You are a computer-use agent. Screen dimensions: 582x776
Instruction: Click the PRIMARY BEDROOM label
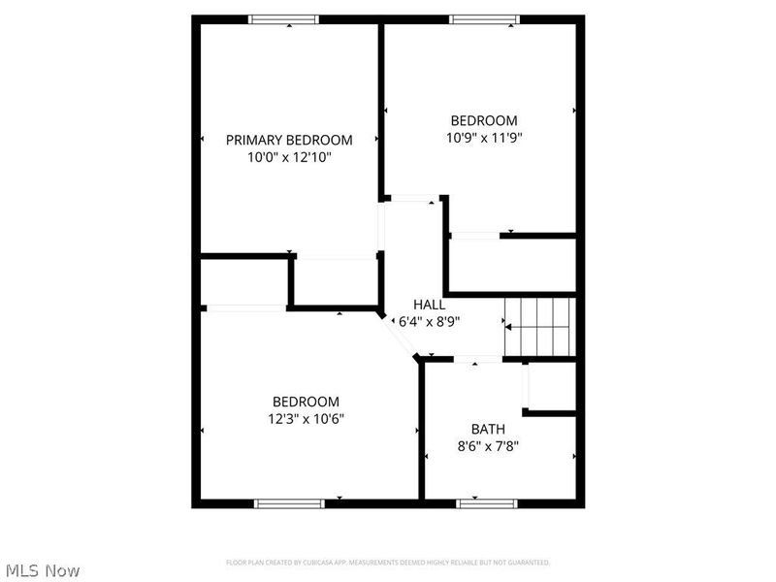click(289, 140)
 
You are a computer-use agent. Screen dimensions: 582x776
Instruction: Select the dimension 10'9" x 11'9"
click(484, 137)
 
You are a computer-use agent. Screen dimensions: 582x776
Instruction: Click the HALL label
click(429, 305)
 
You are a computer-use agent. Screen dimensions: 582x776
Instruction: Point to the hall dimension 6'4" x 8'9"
click(429, 320)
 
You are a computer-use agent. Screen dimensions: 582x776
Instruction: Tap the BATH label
click(488, 429)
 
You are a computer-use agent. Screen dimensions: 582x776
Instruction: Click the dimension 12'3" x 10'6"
click(306, 418)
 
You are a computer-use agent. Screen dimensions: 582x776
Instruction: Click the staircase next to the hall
click(539, 327)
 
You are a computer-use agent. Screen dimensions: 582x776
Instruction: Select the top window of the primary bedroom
click(283, 18)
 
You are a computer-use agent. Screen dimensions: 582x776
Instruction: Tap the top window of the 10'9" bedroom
click(484, 18)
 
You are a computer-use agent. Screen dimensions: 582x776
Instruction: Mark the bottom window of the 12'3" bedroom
click(288, 503)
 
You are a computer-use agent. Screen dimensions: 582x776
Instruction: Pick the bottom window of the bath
click(487, 503)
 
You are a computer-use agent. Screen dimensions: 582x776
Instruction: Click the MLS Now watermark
click(42, 570)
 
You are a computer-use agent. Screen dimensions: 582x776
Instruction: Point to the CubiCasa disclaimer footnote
click(388, 563)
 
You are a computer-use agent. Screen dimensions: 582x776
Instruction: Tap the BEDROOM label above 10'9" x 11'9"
click(484, 120)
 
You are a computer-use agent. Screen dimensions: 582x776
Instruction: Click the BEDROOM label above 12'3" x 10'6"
click(306, 402)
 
